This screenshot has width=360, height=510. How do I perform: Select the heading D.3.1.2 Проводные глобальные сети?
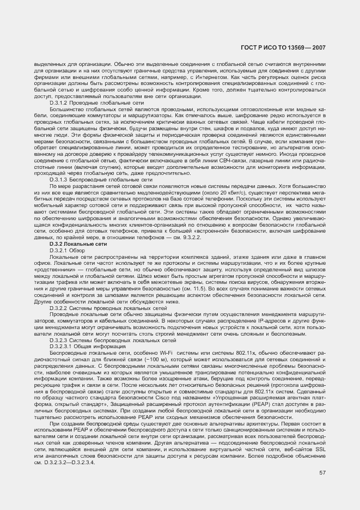(x=97, y=102)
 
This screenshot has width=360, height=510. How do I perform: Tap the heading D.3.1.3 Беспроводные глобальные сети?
(x=101, y=179)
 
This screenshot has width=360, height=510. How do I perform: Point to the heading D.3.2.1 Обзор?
(x=69, y=250)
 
